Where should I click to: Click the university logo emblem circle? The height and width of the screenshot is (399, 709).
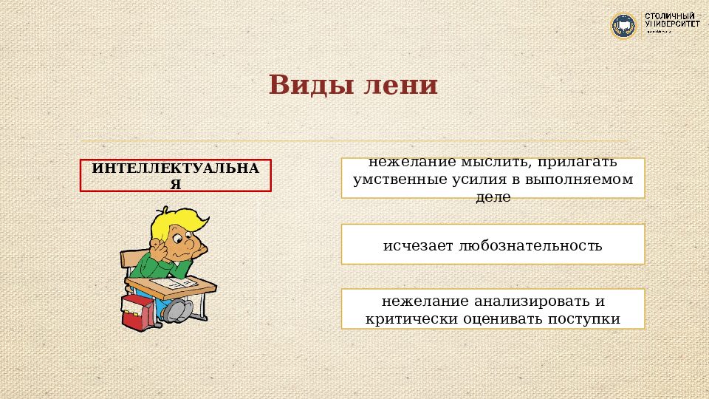tap(624, 26)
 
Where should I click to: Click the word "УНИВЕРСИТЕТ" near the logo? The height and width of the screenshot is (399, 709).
tap(673, 24)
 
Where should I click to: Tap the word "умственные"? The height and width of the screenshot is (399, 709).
tap(400, 180)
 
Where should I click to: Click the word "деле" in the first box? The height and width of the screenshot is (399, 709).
tap(493, 197)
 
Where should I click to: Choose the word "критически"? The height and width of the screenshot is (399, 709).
tap(408, 319)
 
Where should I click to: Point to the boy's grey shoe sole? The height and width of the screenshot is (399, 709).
tap(177, 311)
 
